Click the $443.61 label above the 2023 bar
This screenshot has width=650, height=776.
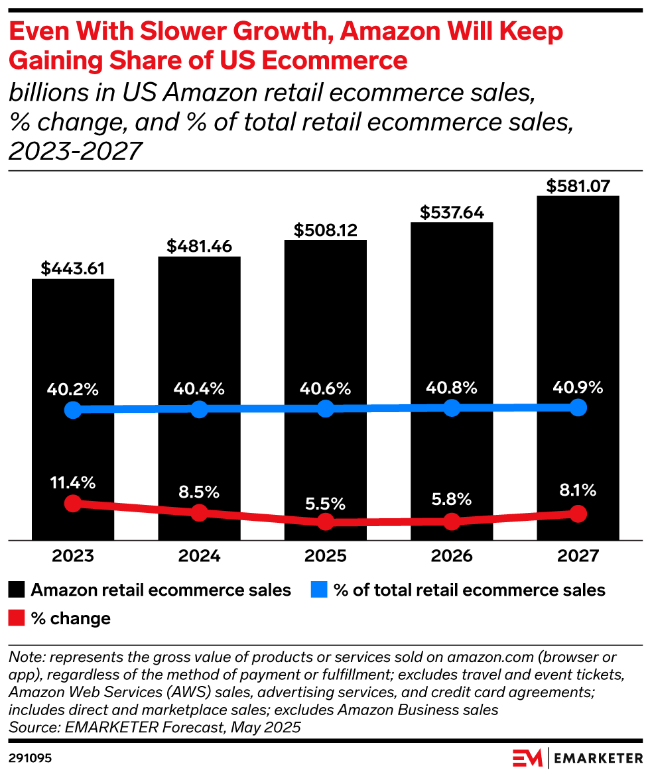click(73, 268)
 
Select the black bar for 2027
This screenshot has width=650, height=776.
click(578, 298)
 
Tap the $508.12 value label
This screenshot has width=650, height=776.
click(326, 230)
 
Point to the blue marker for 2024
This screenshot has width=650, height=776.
click(199, 409)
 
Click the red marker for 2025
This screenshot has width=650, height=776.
click(325, 522)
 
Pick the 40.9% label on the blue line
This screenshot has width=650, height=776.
click(577, 388)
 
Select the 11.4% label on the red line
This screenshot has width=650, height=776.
click(73, 482)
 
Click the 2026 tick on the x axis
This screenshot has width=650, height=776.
click(451, 555)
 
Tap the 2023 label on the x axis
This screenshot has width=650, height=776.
click(73, 555)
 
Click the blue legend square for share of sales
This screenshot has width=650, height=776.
click(320, 590)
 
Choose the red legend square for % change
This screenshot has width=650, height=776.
click(17, 619)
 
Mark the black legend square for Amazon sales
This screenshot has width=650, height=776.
click(17, 590)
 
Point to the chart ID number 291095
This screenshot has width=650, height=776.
click(31, 755)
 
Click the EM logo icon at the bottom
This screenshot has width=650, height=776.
click(527, 756)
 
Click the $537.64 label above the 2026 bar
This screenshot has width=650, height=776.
click(452, 213)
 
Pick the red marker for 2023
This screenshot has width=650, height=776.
click(73, 503)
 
